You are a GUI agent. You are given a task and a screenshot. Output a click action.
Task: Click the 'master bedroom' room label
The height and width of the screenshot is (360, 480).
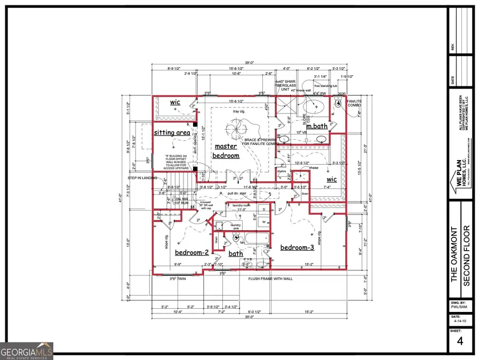point(226,151)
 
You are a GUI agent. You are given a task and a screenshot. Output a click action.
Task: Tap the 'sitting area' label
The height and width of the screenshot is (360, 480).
point(172,132)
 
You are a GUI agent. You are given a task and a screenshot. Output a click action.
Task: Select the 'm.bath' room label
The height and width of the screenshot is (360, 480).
point(316,126)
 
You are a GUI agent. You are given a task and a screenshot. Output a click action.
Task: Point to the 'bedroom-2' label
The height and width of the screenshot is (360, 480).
point(191,253)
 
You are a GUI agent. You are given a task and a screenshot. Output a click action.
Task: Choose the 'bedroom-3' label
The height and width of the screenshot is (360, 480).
point(297,247)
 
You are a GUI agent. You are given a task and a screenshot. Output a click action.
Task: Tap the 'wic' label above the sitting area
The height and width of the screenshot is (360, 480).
point(176,102)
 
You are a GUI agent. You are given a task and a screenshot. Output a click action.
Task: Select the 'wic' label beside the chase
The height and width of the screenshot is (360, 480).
point(332,180)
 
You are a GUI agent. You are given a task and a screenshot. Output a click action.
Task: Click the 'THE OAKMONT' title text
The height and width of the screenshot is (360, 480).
point(454,253)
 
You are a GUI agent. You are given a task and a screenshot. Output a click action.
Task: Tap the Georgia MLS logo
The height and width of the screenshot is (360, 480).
point(27,351)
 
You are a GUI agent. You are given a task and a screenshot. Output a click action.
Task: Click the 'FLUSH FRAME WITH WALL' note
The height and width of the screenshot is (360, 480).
point(270,278)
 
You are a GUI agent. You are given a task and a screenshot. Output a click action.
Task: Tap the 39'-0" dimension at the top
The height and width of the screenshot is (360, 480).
point(250,62)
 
